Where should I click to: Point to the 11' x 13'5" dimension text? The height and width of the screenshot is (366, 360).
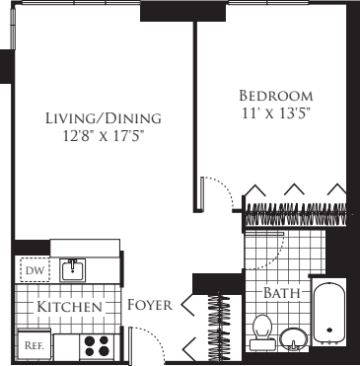click(x=276, y=113)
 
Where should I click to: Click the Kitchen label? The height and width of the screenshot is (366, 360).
click(x=70, y=308)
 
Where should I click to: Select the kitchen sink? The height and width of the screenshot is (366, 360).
click(x=72, y=269)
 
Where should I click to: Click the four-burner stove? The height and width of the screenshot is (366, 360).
click(x=96, y=345)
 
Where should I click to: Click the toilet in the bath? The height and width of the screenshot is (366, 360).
click(x=262, y=330)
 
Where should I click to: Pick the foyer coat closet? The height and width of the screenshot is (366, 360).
click(x=215, y=324)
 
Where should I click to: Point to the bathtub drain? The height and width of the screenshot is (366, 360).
click(x=328, y=332)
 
